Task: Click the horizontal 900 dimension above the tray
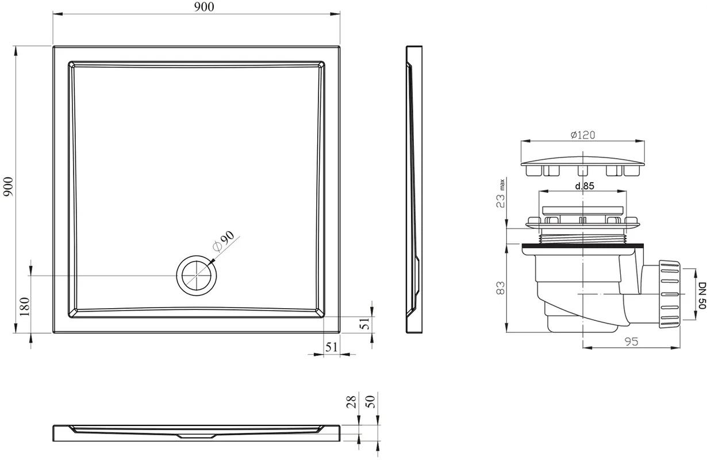[204, 7]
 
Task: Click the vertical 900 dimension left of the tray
[8, 187]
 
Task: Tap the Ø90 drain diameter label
[224, 241]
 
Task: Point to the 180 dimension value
[25, 306]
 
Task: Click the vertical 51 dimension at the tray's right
[365, 324]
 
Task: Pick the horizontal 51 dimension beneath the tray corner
[332, 347]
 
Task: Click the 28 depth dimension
[351, 402]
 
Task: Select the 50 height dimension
[371, 401]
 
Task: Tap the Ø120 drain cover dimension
[583, 135]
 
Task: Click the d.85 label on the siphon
[585, 186]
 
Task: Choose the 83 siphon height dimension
[501, 288]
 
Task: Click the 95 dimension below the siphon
[631, 342]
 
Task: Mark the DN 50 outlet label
[702, 296]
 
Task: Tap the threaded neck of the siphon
[583, 239]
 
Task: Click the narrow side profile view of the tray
[414, 189]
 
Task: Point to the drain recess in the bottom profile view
[197, 436]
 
